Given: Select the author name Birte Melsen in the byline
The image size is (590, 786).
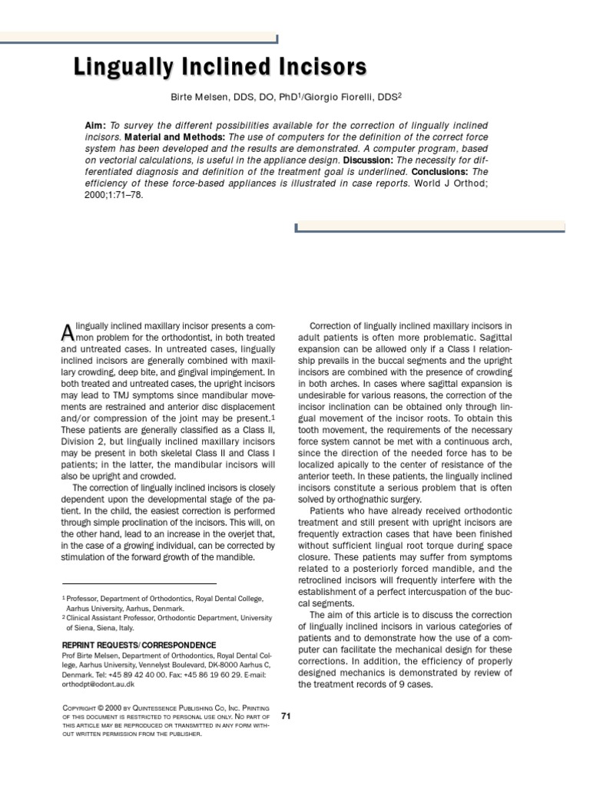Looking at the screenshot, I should click(204, 99).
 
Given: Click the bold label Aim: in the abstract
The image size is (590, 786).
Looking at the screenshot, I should click(95, 125).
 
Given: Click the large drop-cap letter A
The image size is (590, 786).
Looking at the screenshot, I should click(67, 332).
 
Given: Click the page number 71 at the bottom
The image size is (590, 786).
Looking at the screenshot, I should click(286, 715).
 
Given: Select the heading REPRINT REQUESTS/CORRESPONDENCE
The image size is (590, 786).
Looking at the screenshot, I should click(138, 645).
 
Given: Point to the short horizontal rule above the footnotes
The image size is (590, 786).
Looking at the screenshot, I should click(138, 584).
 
